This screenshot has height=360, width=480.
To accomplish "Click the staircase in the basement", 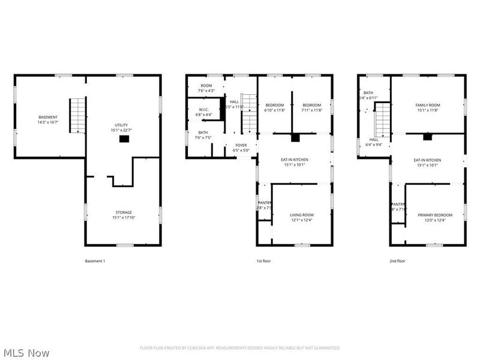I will pos(77,116).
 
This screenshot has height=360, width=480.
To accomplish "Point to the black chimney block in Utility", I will pos(124,139).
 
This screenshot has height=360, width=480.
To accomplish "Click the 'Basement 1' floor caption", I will pos(95,261).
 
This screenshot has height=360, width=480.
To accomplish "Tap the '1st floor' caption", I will pos(265,261).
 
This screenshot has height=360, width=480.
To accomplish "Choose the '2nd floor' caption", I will pos(397,261).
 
